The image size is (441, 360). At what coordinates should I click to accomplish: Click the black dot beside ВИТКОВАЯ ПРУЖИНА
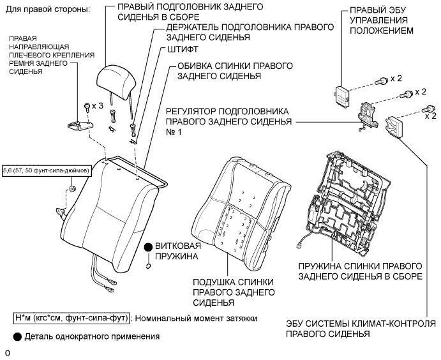[x=147, y=246]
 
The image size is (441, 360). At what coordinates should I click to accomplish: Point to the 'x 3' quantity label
[x=97, y=105]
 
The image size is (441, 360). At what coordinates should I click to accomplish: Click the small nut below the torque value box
[x=72, y=188]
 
